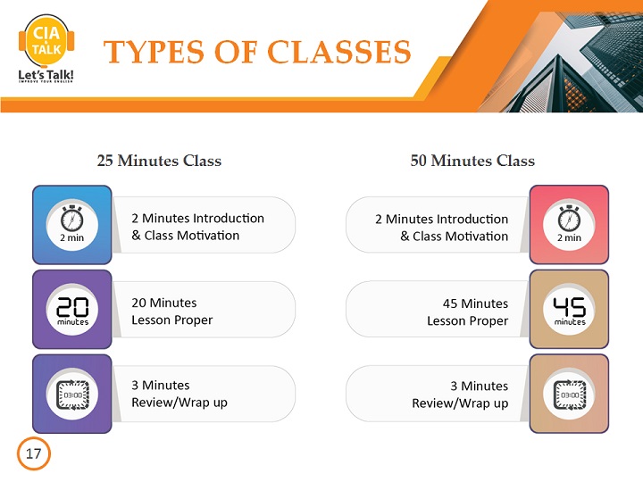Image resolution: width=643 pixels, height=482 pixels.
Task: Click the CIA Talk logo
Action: coord(46,48)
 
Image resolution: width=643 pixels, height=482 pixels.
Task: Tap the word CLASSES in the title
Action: coord(339,52)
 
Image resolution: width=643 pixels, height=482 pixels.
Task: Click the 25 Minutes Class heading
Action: coord(159,161)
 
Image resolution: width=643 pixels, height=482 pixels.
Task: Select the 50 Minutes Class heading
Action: coord(472,161)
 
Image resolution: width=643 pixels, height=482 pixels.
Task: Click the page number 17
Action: coord(34,453)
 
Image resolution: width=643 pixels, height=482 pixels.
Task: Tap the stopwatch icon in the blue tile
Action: coord(71,219)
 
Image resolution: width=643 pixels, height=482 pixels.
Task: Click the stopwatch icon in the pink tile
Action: coord(569,219)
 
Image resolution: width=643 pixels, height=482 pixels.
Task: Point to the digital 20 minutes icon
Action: coord(72,311)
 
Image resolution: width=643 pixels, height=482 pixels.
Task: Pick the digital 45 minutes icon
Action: coord(570,311)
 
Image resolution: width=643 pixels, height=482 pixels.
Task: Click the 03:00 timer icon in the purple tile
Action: coord(72,395)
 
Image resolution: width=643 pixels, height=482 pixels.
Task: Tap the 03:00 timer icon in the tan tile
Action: coord(570,395)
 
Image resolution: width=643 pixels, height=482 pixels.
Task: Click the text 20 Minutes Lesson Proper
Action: coord(171,312)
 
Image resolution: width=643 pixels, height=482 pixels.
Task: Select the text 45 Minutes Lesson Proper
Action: coord(467,312)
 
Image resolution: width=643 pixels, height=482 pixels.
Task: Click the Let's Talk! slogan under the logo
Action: coord(46,76)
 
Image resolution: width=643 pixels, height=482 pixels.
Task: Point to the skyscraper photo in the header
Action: coord(566,56)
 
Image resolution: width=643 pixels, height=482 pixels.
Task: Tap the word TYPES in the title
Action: coord(154,52)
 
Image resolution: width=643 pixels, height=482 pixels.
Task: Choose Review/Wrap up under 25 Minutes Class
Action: coord(180,403)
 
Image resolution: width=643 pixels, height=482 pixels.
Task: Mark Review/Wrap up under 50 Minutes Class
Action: coord(460,403)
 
